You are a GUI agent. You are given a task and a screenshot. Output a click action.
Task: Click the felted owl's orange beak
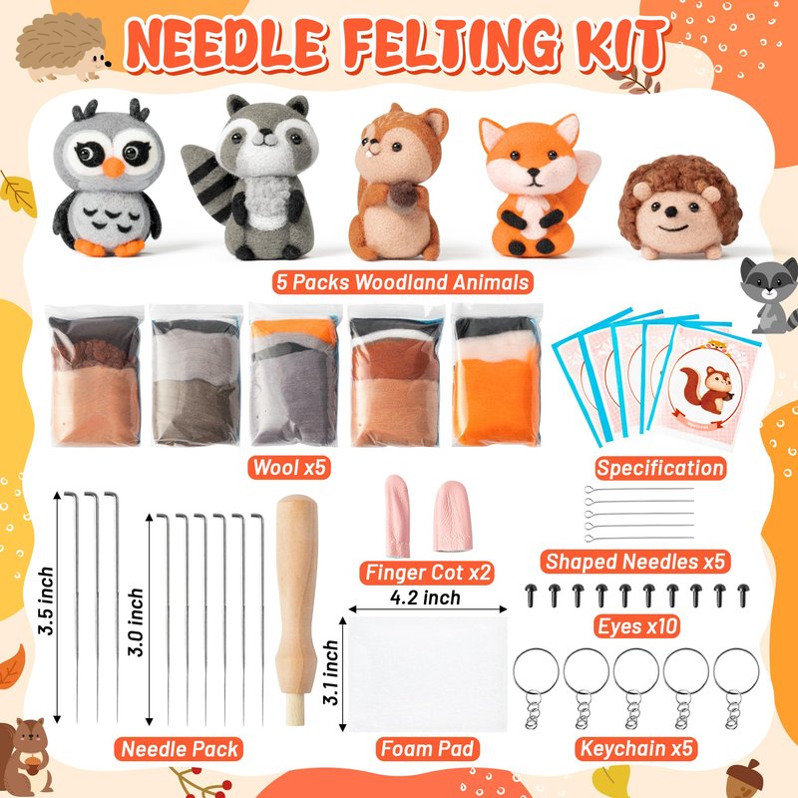(114, 168)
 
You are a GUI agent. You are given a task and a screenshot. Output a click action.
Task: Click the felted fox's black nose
(534, 173)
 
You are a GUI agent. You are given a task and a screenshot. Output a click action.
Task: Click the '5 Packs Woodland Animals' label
(403, 281)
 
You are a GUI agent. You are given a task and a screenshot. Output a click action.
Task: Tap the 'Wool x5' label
(288, 467)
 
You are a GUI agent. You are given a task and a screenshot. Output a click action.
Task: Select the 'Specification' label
(660, 468)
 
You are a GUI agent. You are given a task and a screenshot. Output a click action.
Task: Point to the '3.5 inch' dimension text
(46, 600)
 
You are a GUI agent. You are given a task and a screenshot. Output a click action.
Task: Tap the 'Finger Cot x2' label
(428, 573)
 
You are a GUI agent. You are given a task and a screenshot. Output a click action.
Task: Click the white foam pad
(428, 674)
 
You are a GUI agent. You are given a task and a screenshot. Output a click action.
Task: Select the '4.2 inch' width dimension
(426, 598)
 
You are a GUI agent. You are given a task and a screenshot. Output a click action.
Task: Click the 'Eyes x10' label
(637, 626)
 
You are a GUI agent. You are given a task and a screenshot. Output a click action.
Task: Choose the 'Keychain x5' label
(636, 749)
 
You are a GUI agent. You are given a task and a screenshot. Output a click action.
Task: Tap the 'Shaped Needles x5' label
(635, 562)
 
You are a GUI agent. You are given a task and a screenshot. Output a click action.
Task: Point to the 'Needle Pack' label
(180, 749)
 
